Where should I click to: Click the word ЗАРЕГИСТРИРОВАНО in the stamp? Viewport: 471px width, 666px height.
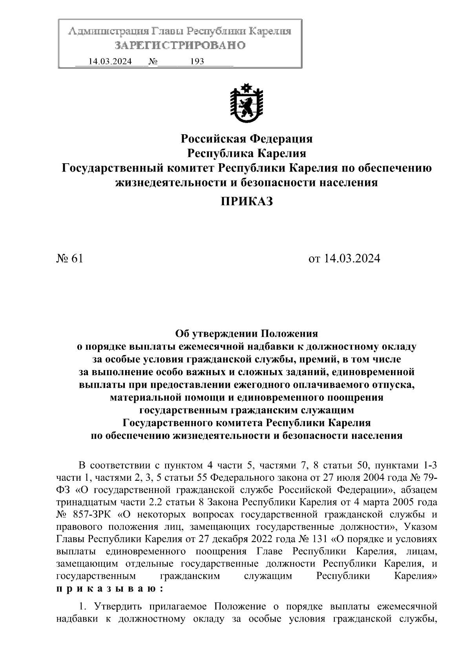pos(180,46)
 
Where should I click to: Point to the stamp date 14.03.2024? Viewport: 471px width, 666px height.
pos(110,62)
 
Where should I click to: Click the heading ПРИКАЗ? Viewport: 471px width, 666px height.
pos(246,202)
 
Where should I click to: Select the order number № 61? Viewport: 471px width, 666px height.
pos(70,259)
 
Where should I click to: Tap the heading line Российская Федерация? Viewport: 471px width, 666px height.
pos(246,139)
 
